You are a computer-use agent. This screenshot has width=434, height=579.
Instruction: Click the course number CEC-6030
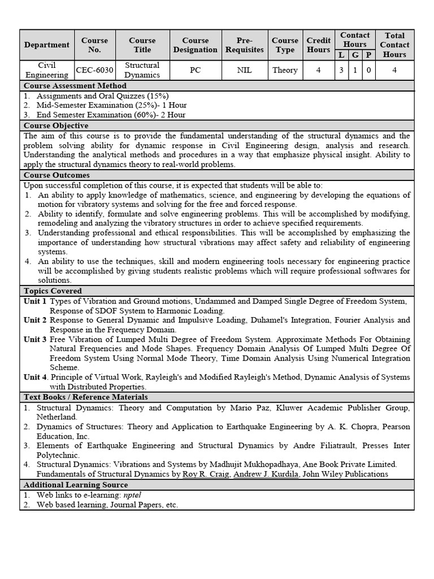pos(94,70)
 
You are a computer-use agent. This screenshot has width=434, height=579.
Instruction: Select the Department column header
pos(47,45)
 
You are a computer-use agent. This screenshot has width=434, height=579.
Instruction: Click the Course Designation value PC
pos(196,70)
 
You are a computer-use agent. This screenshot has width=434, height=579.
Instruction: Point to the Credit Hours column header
pos(319,45)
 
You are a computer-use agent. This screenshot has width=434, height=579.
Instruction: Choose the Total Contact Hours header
pos(394,45)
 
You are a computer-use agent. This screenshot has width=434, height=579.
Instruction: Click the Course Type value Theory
pos(285,70)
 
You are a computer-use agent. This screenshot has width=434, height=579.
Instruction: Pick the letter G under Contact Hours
pos(355,55)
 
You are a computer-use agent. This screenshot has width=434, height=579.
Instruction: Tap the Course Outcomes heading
pos(57,175)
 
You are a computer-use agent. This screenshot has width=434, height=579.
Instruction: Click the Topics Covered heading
pos(53,291)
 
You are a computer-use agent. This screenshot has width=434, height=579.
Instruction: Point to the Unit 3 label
pos(35,339)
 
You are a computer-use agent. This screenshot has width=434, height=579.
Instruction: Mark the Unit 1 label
pos(35,301)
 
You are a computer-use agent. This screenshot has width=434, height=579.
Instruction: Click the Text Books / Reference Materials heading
pos(85,397)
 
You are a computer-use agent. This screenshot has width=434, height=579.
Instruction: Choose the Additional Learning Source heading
pos(76,485)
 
